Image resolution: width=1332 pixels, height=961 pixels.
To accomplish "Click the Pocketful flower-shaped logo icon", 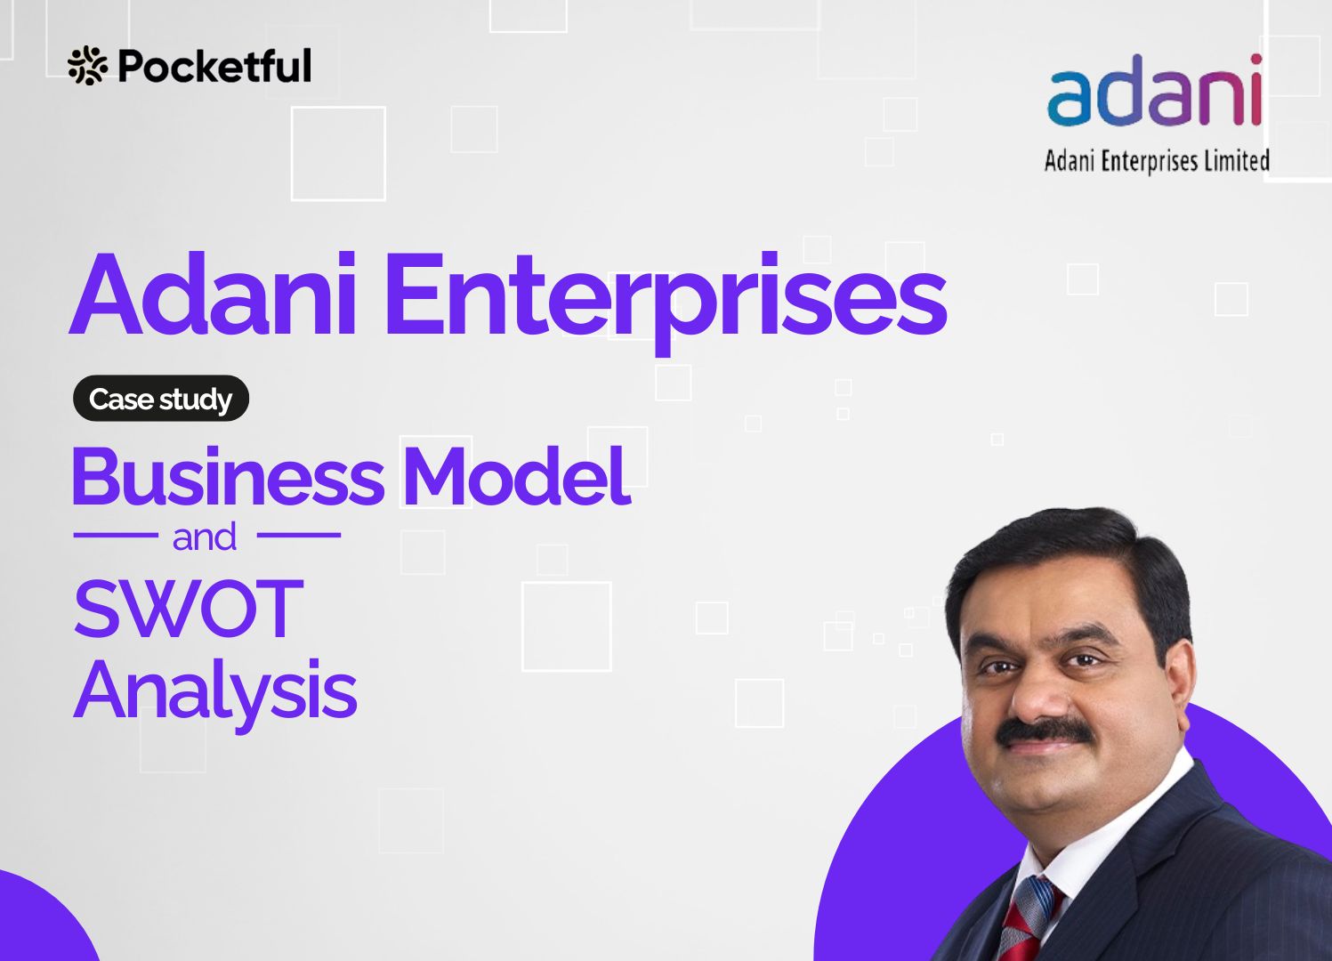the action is [87, 66].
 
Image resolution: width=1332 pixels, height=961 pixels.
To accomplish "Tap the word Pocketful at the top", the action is [214, 66].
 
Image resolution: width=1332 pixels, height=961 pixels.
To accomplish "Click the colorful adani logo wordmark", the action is [1154, 91].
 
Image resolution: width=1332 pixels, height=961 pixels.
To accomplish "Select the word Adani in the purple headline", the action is [213, 295].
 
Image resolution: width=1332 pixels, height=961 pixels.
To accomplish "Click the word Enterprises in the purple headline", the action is [666, 303].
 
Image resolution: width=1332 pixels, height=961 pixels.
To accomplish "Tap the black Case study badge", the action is [160, 399].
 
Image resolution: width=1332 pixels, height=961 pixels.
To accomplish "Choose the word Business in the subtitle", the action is [229, 475].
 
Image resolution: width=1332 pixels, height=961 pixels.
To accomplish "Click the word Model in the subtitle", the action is [520, 475].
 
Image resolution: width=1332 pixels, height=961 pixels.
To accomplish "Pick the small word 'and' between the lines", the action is [205, 537].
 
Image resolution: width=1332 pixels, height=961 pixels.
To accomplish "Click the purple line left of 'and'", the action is [116, 535].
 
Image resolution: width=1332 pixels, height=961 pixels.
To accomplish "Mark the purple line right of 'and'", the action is [298, 535].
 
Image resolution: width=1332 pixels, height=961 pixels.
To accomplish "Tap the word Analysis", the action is [215, 693].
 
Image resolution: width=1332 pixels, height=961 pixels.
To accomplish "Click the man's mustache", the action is [1045, 731].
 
